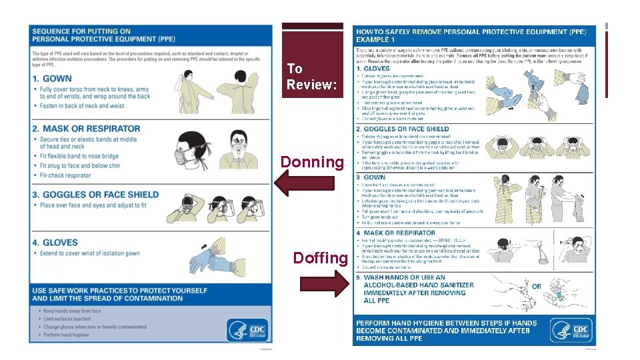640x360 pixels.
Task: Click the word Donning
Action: (312, 162)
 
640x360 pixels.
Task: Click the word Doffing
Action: (320, 258)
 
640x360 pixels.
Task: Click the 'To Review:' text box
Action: (312, 77)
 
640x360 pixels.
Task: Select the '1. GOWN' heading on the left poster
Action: (54, 79)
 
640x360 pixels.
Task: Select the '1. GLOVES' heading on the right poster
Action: (373, 69)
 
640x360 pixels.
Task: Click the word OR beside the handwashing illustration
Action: (537, 286)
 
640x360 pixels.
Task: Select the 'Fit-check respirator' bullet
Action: (65, 175)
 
